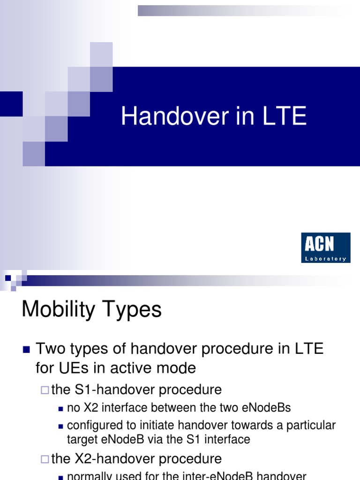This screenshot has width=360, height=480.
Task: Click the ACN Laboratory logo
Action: coord(325,247)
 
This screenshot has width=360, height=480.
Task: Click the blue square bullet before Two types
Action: coord(26,350)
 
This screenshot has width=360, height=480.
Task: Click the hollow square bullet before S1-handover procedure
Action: coord(45,390)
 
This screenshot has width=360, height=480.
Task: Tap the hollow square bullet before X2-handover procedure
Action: coord(45,458)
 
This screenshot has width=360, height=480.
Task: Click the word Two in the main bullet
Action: coord(50,349)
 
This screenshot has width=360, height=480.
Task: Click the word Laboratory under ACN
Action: coord(325,258)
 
